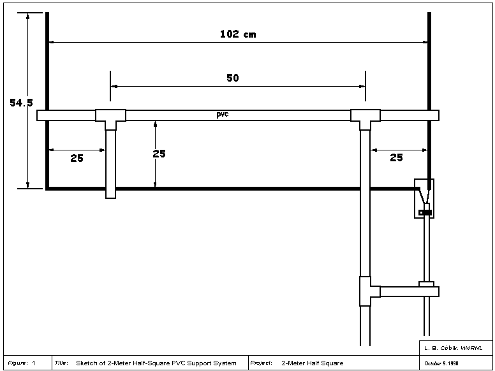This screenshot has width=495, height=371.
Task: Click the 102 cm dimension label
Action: (x=238, y=34)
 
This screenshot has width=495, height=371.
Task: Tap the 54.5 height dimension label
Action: (x=21, y=103)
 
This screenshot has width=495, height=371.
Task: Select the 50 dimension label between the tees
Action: (x=233, y=78)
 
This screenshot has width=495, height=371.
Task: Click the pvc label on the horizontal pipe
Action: (x=222, y=114)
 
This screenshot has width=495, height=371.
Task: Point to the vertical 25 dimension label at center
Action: (x=159, y=154)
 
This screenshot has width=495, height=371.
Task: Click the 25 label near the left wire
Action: (x=77, y=157)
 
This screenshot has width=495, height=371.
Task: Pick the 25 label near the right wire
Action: (x=396, y=157)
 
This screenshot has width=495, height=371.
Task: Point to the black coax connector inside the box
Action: (x=425, y=213)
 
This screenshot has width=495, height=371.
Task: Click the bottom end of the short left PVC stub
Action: (x=110, y=198)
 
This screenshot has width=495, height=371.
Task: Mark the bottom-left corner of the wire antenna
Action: (x=47, y=189)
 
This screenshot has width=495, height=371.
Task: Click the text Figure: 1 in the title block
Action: (x=22, y=363)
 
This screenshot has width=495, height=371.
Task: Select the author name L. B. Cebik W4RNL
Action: (x=454, y=348)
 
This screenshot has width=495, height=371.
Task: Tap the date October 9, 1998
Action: (x=441, y=363)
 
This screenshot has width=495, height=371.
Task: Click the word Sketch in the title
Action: (x=87, y=363)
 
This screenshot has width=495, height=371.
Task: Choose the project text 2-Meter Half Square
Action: (x=313, y=363)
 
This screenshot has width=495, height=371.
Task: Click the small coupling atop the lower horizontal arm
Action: (x=427, y=284)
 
